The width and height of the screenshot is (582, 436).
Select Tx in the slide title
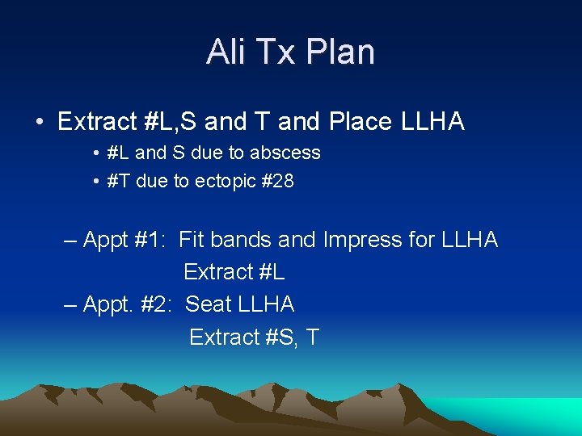[274, 52]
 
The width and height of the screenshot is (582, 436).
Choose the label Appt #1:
[124, 240]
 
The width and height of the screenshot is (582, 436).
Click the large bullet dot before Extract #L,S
[39, 123]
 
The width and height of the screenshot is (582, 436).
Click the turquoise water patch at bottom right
[533, 416]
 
